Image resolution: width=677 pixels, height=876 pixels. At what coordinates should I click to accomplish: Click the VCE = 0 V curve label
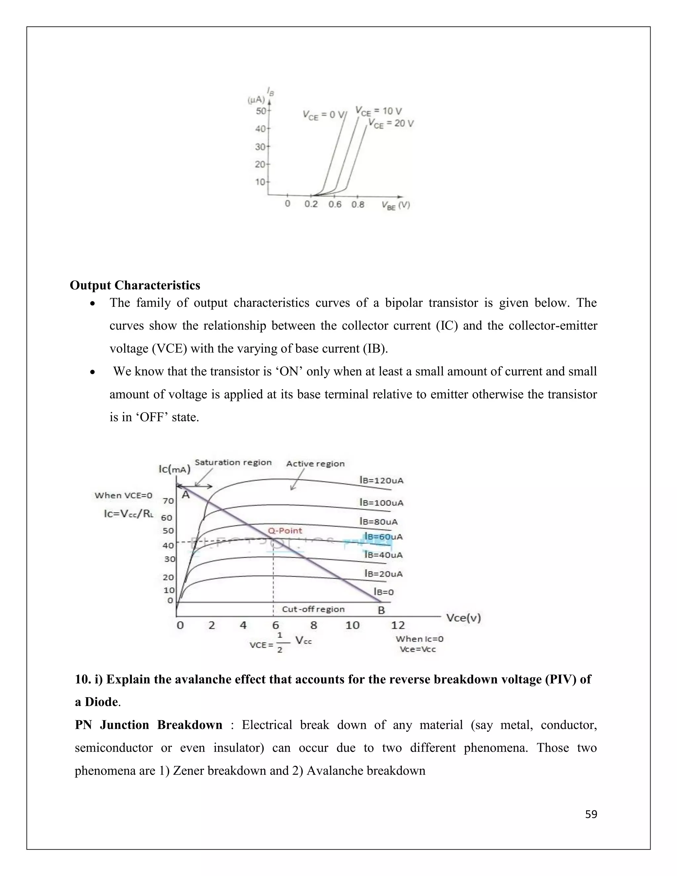click(324, 115)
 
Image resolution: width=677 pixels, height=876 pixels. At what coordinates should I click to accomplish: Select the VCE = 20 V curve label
click(391, 124)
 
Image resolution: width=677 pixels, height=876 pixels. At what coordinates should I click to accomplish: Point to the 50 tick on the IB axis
click(261, 110)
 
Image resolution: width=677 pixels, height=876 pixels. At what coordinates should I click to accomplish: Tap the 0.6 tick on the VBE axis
click(335, 205)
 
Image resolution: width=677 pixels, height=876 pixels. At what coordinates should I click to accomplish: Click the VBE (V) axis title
click(395, 205)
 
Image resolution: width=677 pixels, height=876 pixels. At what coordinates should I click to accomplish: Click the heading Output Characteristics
click(135, 285)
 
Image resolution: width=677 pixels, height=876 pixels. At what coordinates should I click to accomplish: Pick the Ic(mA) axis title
click(174, 468)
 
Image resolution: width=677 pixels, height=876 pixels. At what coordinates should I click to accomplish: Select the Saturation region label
click(233, 462)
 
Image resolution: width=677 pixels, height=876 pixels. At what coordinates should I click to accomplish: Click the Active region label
click(315, 464)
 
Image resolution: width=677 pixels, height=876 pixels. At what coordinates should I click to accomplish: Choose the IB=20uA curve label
click(383, 574)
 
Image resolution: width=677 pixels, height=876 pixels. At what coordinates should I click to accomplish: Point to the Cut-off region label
click(313, 609)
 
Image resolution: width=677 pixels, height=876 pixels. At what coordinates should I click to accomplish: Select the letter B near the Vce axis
click(381, 611)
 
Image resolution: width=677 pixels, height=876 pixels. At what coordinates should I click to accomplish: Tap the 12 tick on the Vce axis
click(398, 625)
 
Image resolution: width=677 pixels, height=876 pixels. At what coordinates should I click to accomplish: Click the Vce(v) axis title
click(464, 618)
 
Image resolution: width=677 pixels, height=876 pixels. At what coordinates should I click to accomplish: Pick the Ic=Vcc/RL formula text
click(128, 514)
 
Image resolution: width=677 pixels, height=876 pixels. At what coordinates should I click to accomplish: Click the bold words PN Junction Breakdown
click(148, 725)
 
